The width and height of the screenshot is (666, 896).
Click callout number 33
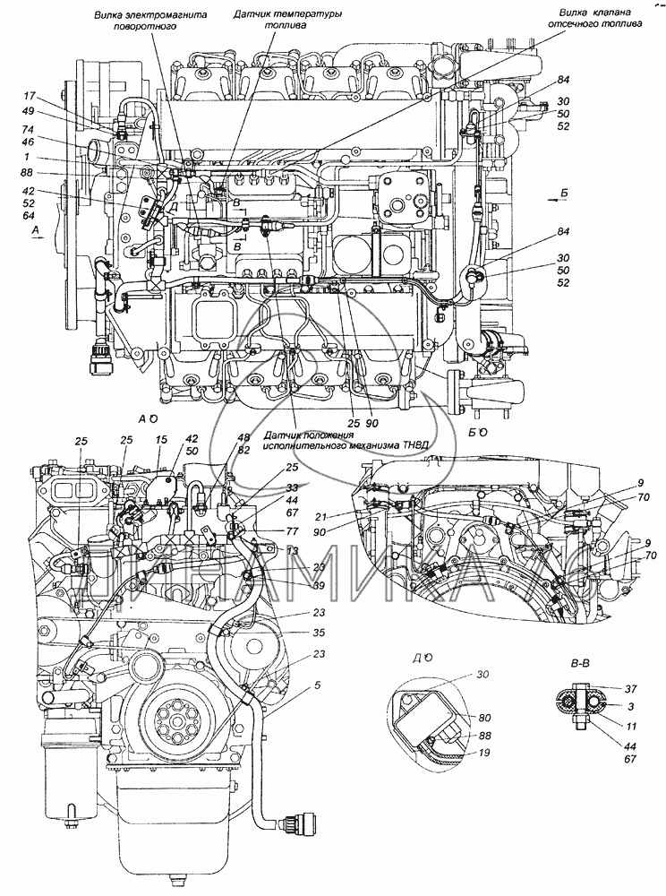pos(293,488)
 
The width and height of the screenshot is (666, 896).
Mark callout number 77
pos(293,530)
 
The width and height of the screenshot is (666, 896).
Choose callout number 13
pos(293,549)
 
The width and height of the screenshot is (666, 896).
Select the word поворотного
pos(137,28)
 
